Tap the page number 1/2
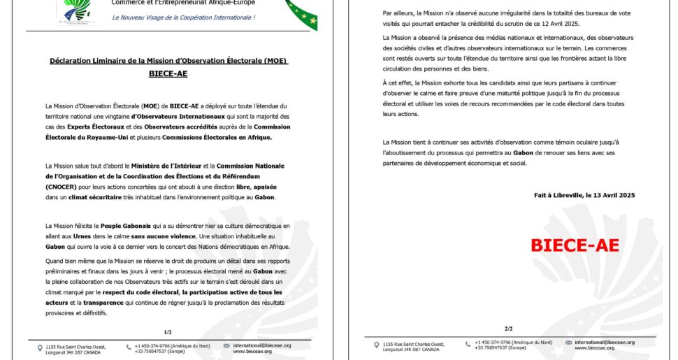(x=167, y=331)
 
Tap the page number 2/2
(x=508, y=329)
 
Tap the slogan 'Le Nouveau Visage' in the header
(x=183, y=17)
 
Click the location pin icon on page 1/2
(x=40, y=347)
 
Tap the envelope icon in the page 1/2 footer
(x=226, y=346)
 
